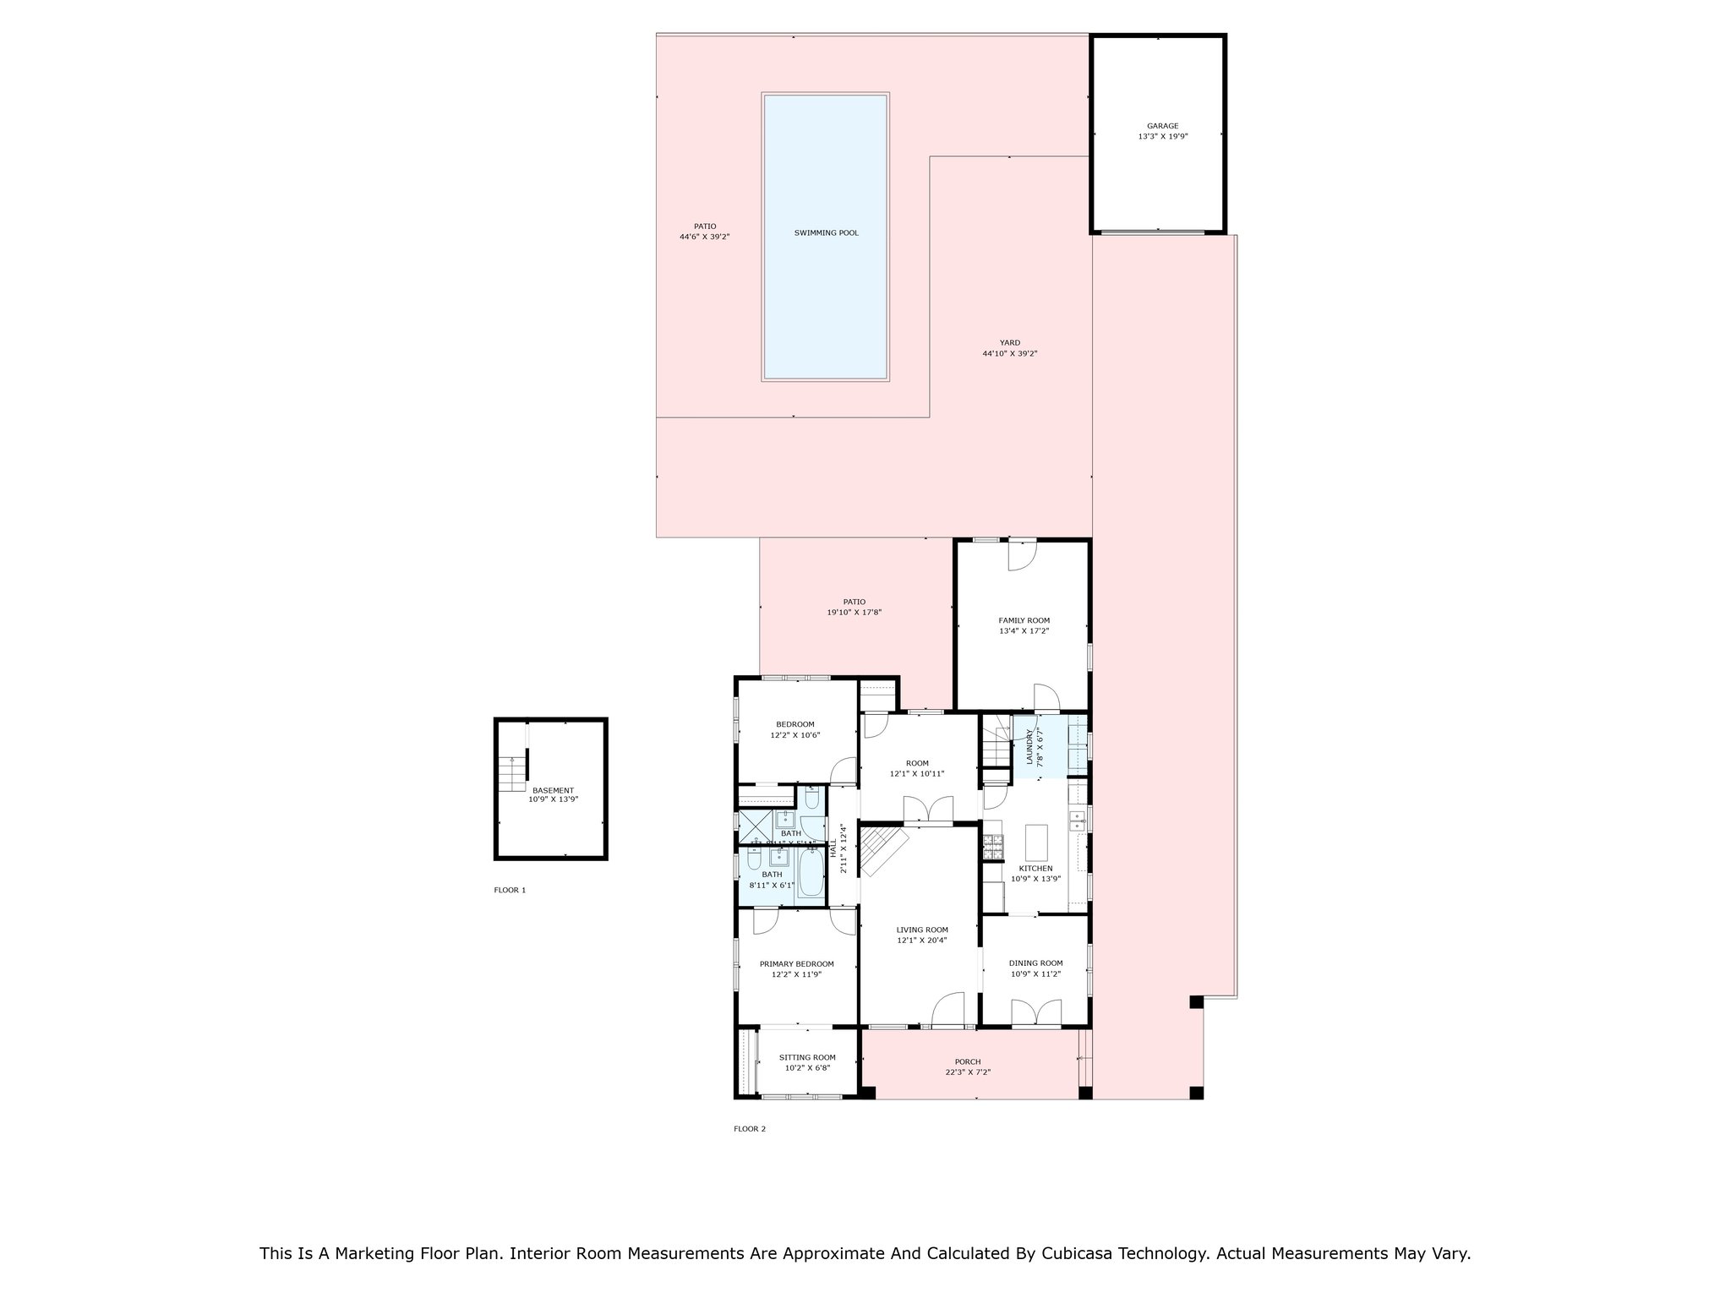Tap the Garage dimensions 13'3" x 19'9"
1162,136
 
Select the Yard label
1009,343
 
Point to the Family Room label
1024,620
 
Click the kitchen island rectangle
1036,842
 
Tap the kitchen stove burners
991,843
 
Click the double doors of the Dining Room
1036,1012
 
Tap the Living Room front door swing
948,1009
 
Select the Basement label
553,790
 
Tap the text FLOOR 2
749,1129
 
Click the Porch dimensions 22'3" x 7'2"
968,1072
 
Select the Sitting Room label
807,1057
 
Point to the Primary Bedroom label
796,963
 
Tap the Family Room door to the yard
1021,555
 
